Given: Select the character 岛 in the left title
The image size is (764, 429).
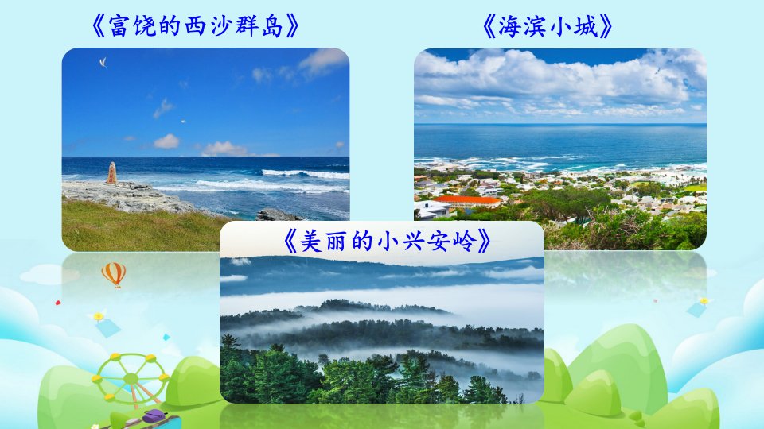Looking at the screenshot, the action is pos(272,26).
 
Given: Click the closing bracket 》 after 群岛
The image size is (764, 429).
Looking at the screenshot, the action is pos(292,26).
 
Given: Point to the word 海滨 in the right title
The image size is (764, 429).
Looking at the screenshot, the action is pos(521,26).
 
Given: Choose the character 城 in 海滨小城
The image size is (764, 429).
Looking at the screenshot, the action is pos(585,26).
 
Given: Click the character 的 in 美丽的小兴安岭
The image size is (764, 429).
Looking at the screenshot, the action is pos(361,241).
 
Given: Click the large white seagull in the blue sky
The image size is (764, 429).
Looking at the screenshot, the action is pos(103,62).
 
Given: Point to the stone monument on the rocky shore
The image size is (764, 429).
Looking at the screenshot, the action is pos(111,173).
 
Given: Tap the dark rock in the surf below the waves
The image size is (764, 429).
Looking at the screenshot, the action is pos(277,214).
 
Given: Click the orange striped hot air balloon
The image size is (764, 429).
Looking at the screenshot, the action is pos(114,274).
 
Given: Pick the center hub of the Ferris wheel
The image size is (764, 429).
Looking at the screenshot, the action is pos(131,378).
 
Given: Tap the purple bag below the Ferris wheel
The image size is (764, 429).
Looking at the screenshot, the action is pos(155,416).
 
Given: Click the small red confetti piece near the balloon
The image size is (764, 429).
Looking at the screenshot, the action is pos(58,303).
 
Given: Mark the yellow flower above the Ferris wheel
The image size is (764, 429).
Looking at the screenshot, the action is pos(99,316).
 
